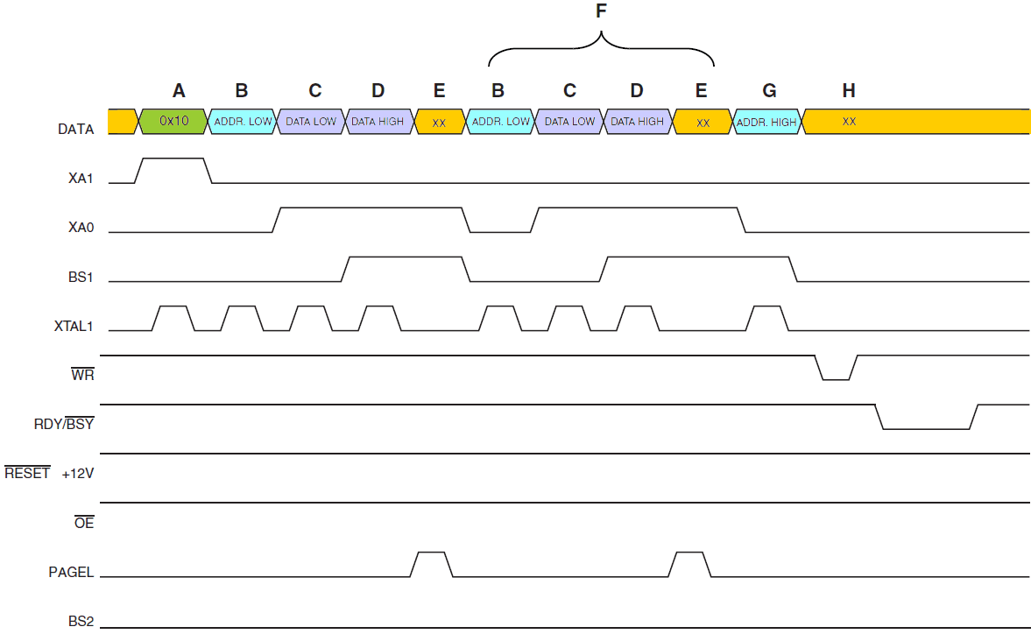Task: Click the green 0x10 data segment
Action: pyautogui.click(x=173, y=122)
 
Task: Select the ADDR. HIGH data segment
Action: pyautogui.click(x=767, y=122)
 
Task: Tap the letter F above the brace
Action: pyautogui.click(x=601, y=11)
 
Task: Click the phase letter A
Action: pyautogui.click(x=179, y=90)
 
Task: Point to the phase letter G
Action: pyautogui.click(x=769, y=90)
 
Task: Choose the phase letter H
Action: pyautogui.click(x=848, y=90)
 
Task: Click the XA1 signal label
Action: pyautogui.click(x=81, y=179)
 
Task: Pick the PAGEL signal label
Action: pyautogui.click(x=71, y=573)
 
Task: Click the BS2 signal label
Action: pyautogui.click(x=81, y=622)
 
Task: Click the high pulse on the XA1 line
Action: pyautogui.click(x=173, y=160)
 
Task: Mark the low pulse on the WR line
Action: pyautogui.click(x=836, y=377)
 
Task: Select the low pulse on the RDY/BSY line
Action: pyautogui.click(x=926, y=427)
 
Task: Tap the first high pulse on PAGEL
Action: pyautogui.click(x=431, y=554)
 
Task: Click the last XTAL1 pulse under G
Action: pyautogui.click(x=766, y=308)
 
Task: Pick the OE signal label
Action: pyautogui.click(x=83, y=524)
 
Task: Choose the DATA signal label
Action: pyautogui.click(x=75, y=130)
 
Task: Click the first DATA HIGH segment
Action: pyautogui.click(x=378, y=122)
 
